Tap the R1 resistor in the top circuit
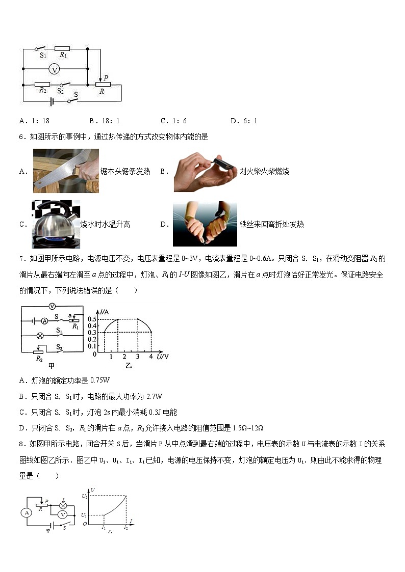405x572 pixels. (62, 49)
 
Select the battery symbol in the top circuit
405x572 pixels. (52, 101)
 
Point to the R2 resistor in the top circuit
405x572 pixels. (42, 84)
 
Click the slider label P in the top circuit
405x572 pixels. (106, 78)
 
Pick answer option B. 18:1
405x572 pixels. (104, 121)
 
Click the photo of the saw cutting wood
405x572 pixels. (66, 171)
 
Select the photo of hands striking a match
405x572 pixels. (204, 171)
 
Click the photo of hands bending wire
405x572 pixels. (205, 224)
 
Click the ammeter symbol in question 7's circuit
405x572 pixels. (44, 321)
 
